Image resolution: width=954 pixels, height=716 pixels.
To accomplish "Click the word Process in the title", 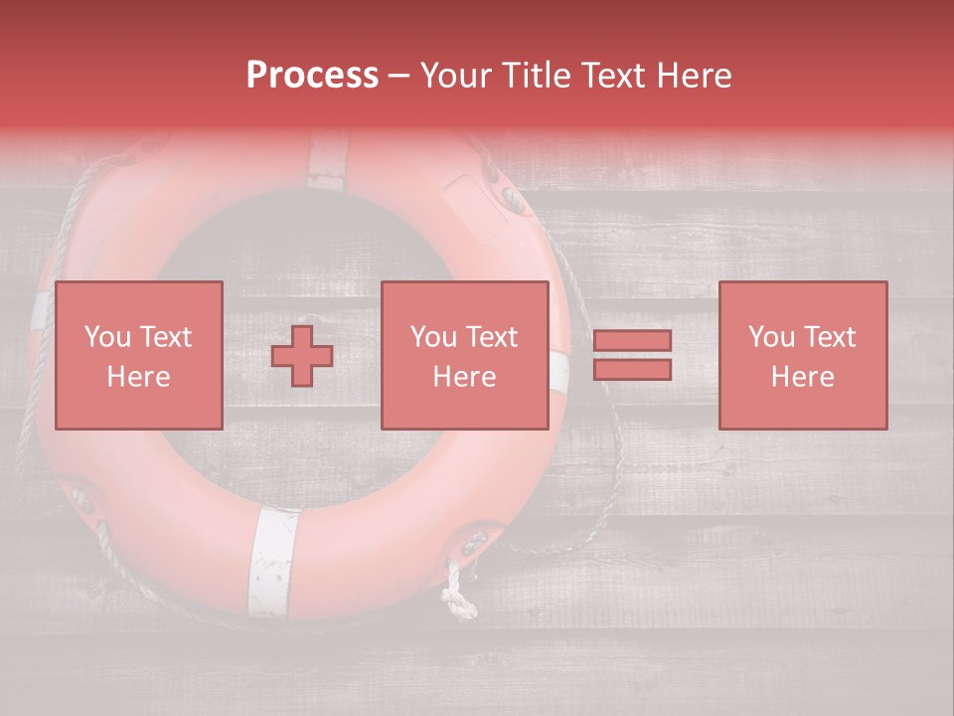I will pos(312,76).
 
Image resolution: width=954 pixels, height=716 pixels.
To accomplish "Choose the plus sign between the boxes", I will pos(302,356).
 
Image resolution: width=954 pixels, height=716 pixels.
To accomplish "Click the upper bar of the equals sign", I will pos(632,341).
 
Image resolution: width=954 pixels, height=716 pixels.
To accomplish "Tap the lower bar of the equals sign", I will pos(632,369).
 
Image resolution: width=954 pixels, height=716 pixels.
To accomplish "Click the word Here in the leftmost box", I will pos(138,377).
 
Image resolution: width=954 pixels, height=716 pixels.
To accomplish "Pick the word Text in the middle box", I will pos(493,337).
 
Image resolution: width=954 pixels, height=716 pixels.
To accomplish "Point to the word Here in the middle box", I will pos(464,377).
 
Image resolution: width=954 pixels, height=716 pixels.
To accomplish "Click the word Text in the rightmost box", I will pos(831,337).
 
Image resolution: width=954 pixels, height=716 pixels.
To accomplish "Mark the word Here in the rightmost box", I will pos(802,377).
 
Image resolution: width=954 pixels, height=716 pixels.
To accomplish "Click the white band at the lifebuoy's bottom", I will pos(272,562).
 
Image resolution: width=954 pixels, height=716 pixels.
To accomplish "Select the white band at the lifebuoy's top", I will pos(328,159).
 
